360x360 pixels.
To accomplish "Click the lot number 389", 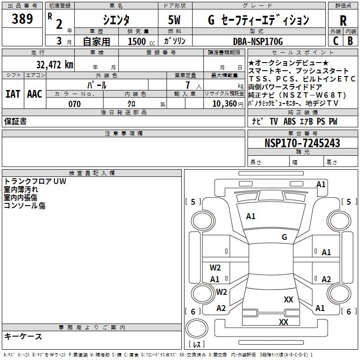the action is (x=22, y=19).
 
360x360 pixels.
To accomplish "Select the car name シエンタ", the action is (x=116, y=20).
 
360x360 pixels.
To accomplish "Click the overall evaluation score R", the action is (x=343, y=20).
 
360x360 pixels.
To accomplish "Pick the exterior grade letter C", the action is (x=336, y=40).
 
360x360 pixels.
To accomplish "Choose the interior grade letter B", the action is (x=350, y=40).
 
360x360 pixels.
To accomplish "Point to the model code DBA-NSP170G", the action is (x=258, y=41).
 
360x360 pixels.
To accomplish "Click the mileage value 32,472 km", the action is (x=54, y=64).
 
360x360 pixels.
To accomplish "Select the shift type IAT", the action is (x=13, y=94).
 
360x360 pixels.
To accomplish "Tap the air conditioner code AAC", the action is (x=34, y=94).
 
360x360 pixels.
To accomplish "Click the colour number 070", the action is (x=74, y=104).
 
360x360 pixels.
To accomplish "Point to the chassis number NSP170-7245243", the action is (x=302, y=143).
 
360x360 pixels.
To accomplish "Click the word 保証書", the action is (x=15, y=121).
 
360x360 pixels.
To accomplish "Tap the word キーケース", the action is (x=23, y=336).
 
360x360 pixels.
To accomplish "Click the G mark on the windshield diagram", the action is (x=284, y=237).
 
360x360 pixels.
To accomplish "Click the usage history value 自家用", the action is (x=96, y=41).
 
